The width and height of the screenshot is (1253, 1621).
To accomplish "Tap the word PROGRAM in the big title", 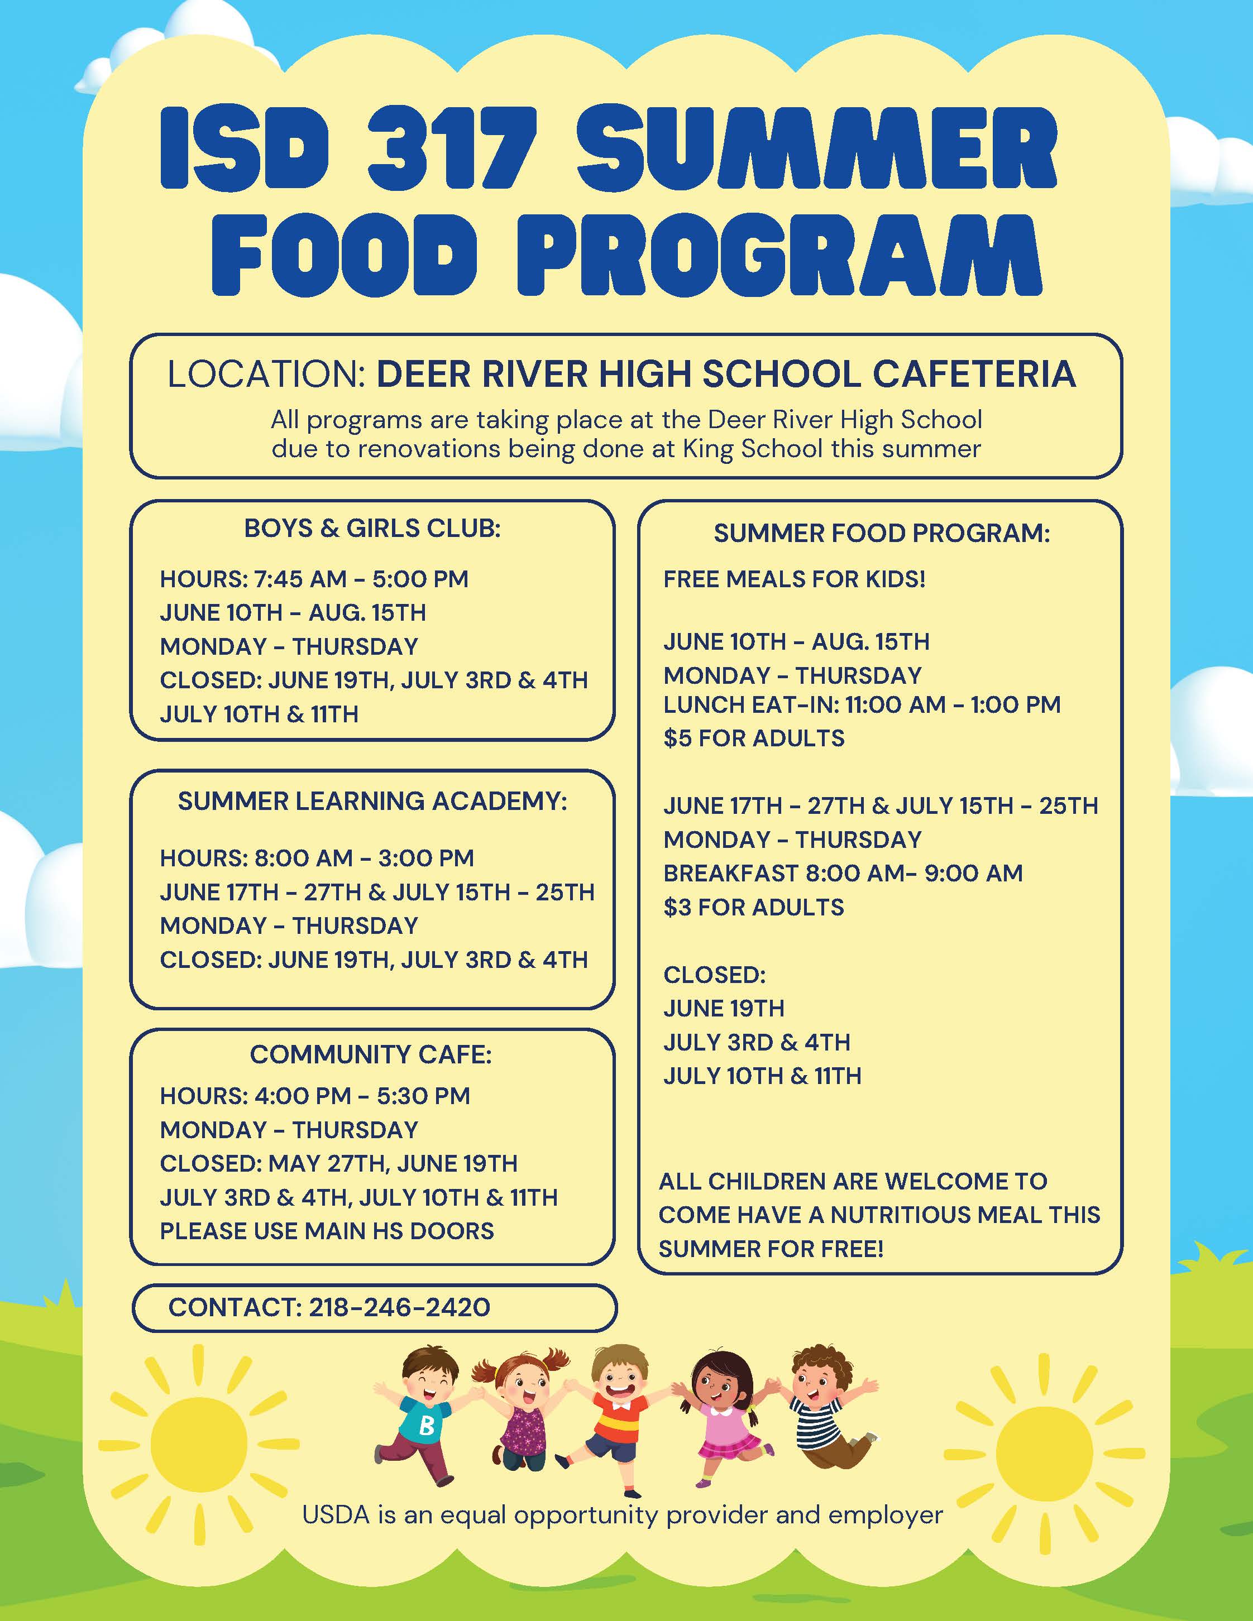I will coord(779,255).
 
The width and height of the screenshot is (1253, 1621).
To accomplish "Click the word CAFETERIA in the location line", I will coord(974,374).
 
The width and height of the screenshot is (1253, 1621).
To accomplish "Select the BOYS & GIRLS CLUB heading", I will coord(372,529).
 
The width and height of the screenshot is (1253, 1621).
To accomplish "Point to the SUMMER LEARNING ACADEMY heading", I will coord(372,802).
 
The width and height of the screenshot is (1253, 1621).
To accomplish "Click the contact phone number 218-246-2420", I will coord(399,1307).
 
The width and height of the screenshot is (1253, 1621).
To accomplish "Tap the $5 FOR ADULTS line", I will coord(753,738).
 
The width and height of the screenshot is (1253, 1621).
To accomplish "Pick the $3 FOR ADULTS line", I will coord(753,907).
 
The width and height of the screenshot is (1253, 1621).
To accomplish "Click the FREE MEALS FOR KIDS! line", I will coord(794,579).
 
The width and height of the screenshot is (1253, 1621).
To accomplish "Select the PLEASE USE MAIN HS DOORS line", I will coord(327,1231).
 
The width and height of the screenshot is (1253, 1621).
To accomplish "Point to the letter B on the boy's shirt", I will coord(426,1425).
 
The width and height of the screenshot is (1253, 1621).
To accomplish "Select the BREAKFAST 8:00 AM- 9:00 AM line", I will coord(843,873).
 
